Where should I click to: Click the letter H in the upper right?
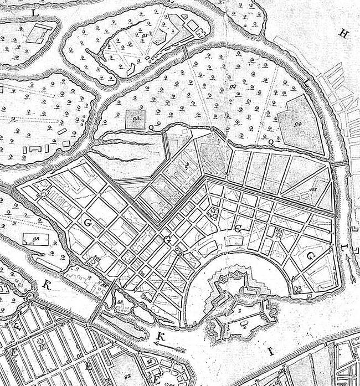[x=343, y=34]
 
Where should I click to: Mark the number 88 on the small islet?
[x=120, y=301]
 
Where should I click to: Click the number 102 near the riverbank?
[x=147, y=300]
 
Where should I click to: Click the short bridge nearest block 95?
[x=337, y=164]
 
